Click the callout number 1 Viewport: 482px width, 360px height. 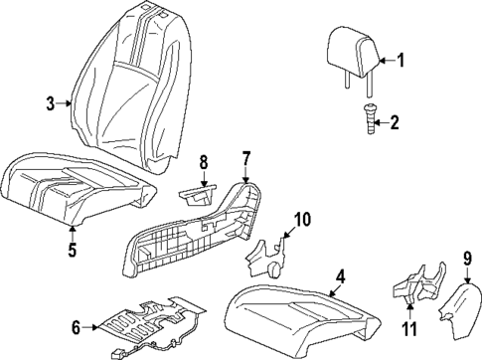click(x=402, y=61)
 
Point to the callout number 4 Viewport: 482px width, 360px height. click(x=339, y=276)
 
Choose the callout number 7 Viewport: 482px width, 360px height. click(x=247, y=157)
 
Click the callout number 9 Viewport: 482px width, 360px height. click(x=466, y=262)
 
